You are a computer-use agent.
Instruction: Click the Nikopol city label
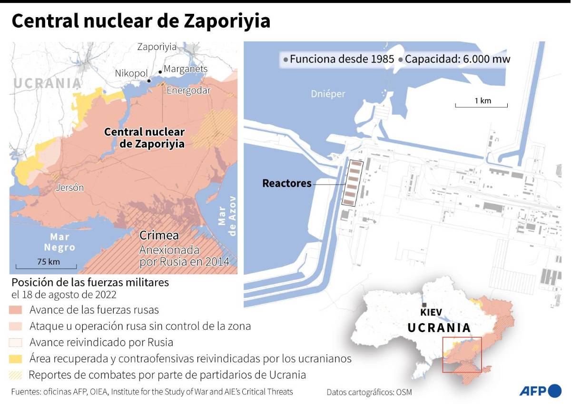(131, 73)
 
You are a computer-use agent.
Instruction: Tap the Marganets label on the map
(186, 69)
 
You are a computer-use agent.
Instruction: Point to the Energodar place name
(188, 90)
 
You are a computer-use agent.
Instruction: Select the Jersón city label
(69, 187)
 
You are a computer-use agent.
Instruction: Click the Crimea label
(159, 235)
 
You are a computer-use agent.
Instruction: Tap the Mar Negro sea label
(60, 242)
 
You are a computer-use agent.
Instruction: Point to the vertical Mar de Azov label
(227, 216)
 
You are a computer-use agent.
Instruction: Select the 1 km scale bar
(481, 105)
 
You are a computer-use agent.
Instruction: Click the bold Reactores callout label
(286, 183)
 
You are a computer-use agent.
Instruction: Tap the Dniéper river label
(328, 94)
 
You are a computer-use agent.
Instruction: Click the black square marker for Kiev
(424, 305)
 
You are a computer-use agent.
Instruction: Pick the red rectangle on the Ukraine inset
(462, 355)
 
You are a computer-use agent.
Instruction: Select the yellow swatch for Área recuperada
(16, 358)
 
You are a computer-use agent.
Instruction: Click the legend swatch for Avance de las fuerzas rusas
(16, 310)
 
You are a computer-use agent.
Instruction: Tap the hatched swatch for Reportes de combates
(16, 374)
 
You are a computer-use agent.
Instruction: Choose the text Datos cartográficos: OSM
(369, 392)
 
